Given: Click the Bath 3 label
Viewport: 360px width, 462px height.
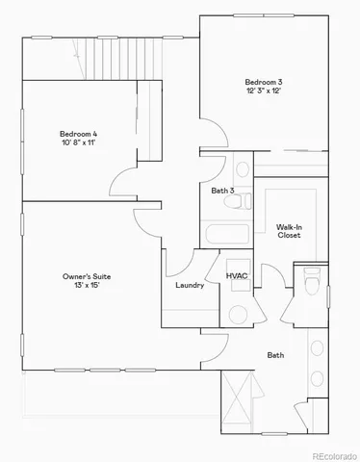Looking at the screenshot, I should click(222, 192).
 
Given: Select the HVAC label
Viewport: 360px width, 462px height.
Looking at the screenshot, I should click(237, 276).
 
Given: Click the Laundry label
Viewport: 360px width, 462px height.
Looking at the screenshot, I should click(189, 286).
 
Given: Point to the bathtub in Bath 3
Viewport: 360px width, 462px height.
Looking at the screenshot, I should click(226, 234).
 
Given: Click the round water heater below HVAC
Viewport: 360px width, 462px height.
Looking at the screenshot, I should click(238, 314).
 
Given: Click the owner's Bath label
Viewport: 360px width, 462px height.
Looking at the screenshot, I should click(275, 355).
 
